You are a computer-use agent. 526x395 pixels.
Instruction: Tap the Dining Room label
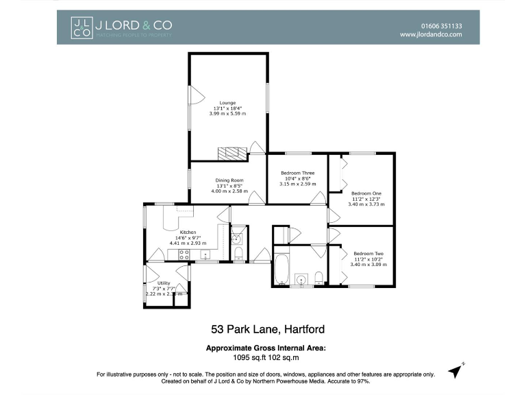229,180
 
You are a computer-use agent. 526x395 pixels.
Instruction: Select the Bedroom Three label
298,173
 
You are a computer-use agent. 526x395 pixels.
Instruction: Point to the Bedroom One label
366,193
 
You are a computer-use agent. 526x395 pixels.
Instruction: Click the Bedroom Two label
368,254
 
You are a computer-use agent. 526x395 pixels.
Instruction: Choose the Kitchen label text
188,232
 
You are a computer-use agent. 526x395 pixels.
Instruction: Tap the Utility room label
164,283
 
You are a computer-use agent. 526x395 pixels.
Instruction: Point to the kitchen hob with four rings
184,254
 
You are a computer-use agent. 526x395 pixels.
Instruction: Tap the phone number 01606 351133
440,25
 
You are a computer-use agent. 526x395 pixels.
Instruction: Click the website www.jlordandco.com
431,34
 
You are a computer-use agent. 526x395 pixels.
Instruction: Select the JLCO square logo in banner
82,27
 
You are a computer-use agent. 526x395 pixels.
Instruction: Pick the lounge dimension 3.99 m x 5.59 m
229,114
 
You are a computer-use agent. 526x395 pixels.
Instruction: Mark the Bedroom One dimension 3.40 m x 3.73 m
366,204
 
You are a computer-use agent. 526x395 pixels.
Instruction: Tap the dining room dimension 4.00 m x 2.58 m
229,191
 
